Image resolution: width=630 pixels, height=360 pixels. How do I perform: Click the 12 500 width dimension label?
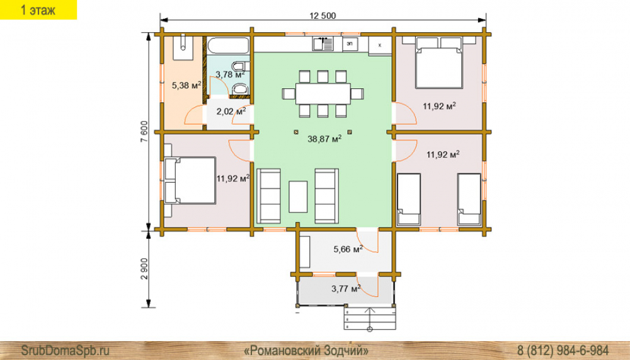[x=322, y=16]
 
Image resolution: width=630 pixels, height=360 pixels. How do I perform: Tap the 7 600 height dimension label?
[x=144, y=132]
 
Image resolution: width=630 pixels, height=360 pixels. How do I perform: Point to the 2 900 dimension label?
[x=144, y=269]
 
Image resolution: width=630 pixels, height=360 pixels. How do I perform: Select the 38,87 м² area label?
[x=324, y=139]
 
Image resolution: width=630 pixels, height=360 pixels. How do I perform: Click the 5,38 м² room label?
[x=186, y=85]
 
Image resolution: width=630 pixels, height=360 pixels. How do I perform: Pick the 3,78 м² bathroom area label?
[x=230, y=74]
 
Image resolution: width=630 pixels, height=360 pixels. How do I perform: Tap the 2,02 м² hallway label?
[x=231, y=111]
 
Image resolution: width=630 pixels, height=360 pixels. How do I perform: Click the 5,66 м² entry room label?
[x=348, y=249]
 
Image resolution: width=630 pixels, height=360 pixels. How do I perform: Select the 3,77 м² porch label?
[x=346, y=288]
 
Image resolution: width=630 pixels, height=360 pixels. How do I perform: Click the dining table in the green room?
[x=323, y=94]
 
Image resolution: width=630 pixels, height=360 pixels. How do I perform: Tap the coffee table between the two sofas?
[x=298, y=197]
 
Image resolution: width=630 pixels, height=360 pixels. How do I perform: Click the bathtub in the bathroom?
[x=228, y=45]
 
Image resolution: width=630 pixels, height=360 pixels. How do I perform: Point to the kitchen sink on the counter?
[x=323, y=44]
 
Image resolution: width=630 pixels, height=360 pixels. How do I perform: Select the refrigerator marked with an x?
[x=380, y=45]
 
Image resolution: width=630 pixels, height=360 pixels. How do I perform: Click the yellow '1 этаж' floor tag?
[x=38, y=9]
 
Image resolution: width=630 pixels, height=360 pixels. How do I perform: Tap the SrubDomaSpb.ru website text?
[x=65, y=351]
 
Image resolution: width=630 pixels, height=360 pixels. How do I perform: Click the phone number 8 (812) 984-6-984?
[x=563, y=351]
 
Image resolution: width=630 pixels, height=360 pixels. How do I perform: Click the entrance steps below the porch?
[x=370, y=318]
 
